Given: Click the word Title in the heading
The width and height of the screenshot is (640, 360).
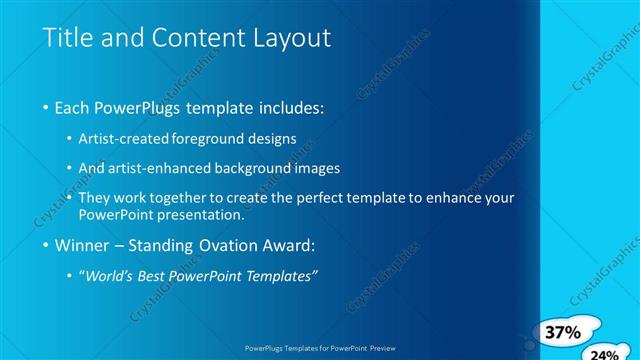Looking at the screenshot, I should point(65,38).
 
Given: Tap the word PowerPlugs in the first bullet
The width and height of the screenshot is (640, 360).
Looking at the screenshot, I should point(149,107).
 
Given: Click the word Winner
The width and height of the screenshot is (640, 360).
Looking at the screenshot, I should point(86,245).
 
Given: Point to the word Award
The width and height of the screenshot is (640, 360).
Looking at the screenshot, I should point(289,245).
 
